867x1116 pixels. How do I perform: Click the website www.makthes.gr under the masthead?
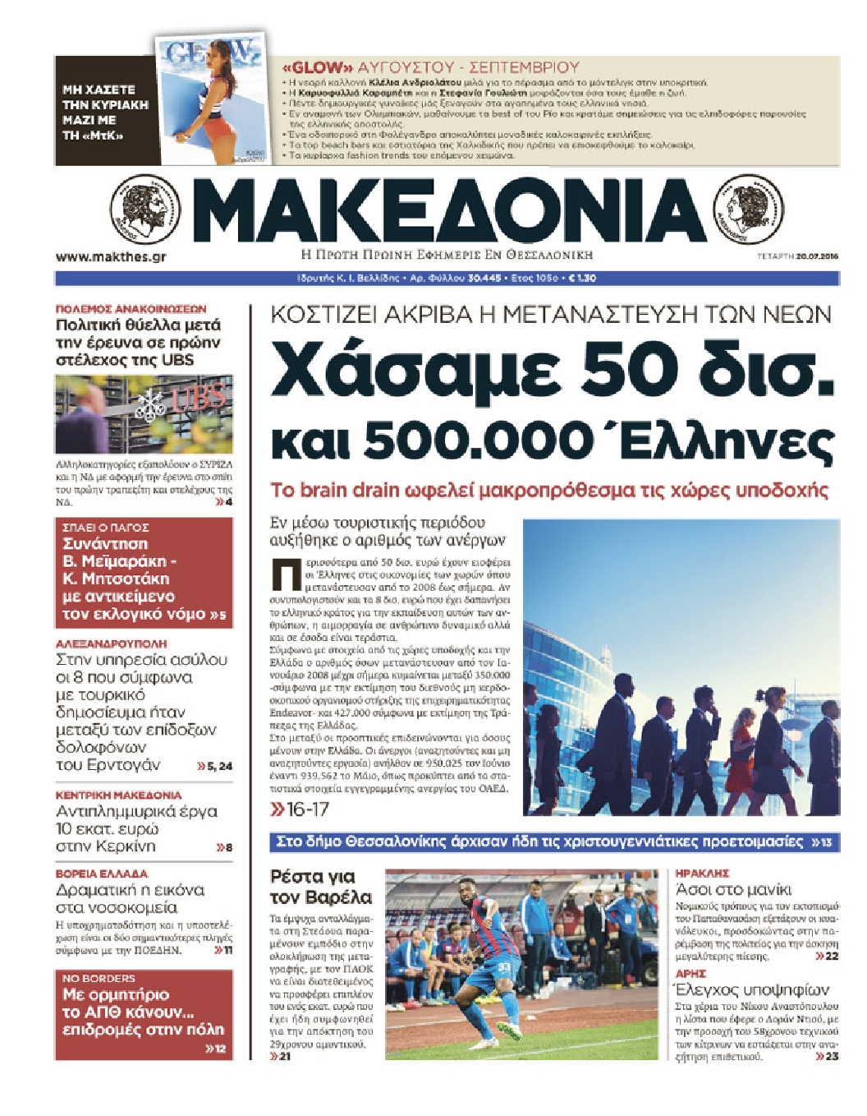coord(111,257)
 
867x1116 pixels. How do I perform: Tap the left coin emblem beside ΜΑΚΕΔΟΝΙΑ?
coord(144,210)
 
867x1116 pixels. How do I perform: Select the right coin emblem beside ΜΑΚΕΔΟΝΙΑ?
coord(748,209)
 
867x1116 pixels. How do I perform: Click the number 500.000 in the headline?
coord(479,442)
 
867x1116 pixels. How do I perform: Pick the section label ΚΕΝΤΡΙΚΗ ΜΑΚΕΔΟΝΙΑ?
coord(118,795)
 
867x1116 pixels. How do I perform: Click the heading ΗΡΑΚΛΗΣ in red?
coord(702,874)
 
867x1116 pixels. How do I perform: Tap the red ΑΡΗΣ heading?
coord(690,974)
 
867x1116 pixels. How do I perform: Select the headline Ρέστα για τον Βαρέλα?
coord(321,887)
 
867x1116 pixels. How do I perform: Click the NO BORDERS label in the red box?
coord(99,979)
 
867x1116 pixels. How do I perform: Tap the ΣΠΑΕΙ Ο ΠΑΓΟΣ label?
coord(105,528)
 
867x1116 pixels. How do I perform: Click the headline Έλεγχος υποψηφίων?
coord(751,989)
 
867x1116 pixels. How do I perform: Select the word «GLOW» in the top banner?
coord(317,68)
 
